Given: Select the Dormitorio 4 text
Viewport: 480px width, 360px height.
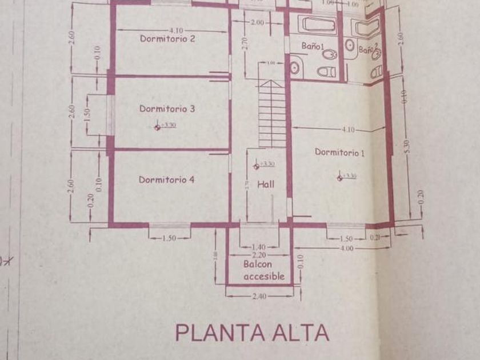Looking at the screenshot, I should point(167,179).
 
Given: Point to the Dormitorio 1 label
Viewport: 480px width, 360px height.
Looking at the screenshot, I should point(339,153).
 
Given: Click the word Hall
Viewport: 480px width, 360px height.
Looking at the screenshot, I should point(265,185).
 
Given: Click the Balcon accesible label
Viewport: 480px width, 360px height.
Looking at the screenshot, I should point(264,270).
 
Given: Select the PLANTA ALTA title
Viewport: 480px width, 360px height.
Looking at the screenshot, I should point(252,332).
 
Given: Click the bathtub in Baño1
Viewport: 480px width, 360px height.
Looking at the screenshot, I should point(318,25).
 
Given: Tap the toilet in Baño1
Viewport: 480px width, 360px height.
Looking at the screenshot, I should point(326,72).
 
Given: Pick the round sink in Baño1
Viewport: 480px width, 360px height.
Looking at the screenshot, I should point(295,67).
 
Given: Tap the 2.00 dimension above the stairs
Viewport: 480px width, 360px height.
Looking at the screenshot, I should point(257,22).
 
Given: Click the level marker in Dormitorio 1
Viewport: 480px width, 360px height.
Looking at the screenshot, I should point(341,178).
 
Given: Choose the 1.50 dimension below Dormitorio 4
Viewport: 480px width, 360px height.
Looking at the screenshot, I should point(169,238).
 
